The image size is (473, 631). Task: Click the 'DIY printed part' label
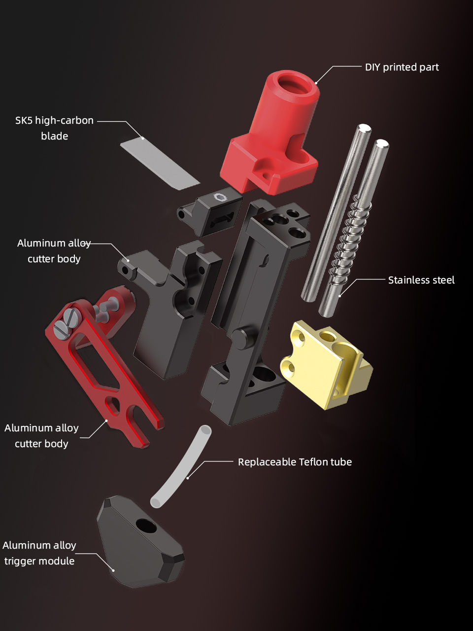coord(402,67)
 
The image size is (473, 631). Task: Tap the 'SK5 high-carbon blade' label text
coord(55,128)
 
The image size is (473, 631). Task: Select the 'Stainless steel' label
coord(421,280)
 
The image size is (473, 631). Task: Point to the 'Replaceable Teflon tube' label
coord(295,462)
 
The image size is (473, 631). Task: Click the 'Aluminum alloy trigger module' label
coord(39,553)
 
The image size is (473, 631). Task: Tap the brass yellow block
coord(327,364)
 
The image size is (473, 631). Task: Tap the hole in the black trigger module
coord(146,526)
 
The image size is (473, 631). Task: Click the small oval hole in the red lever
coord(112,404)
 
